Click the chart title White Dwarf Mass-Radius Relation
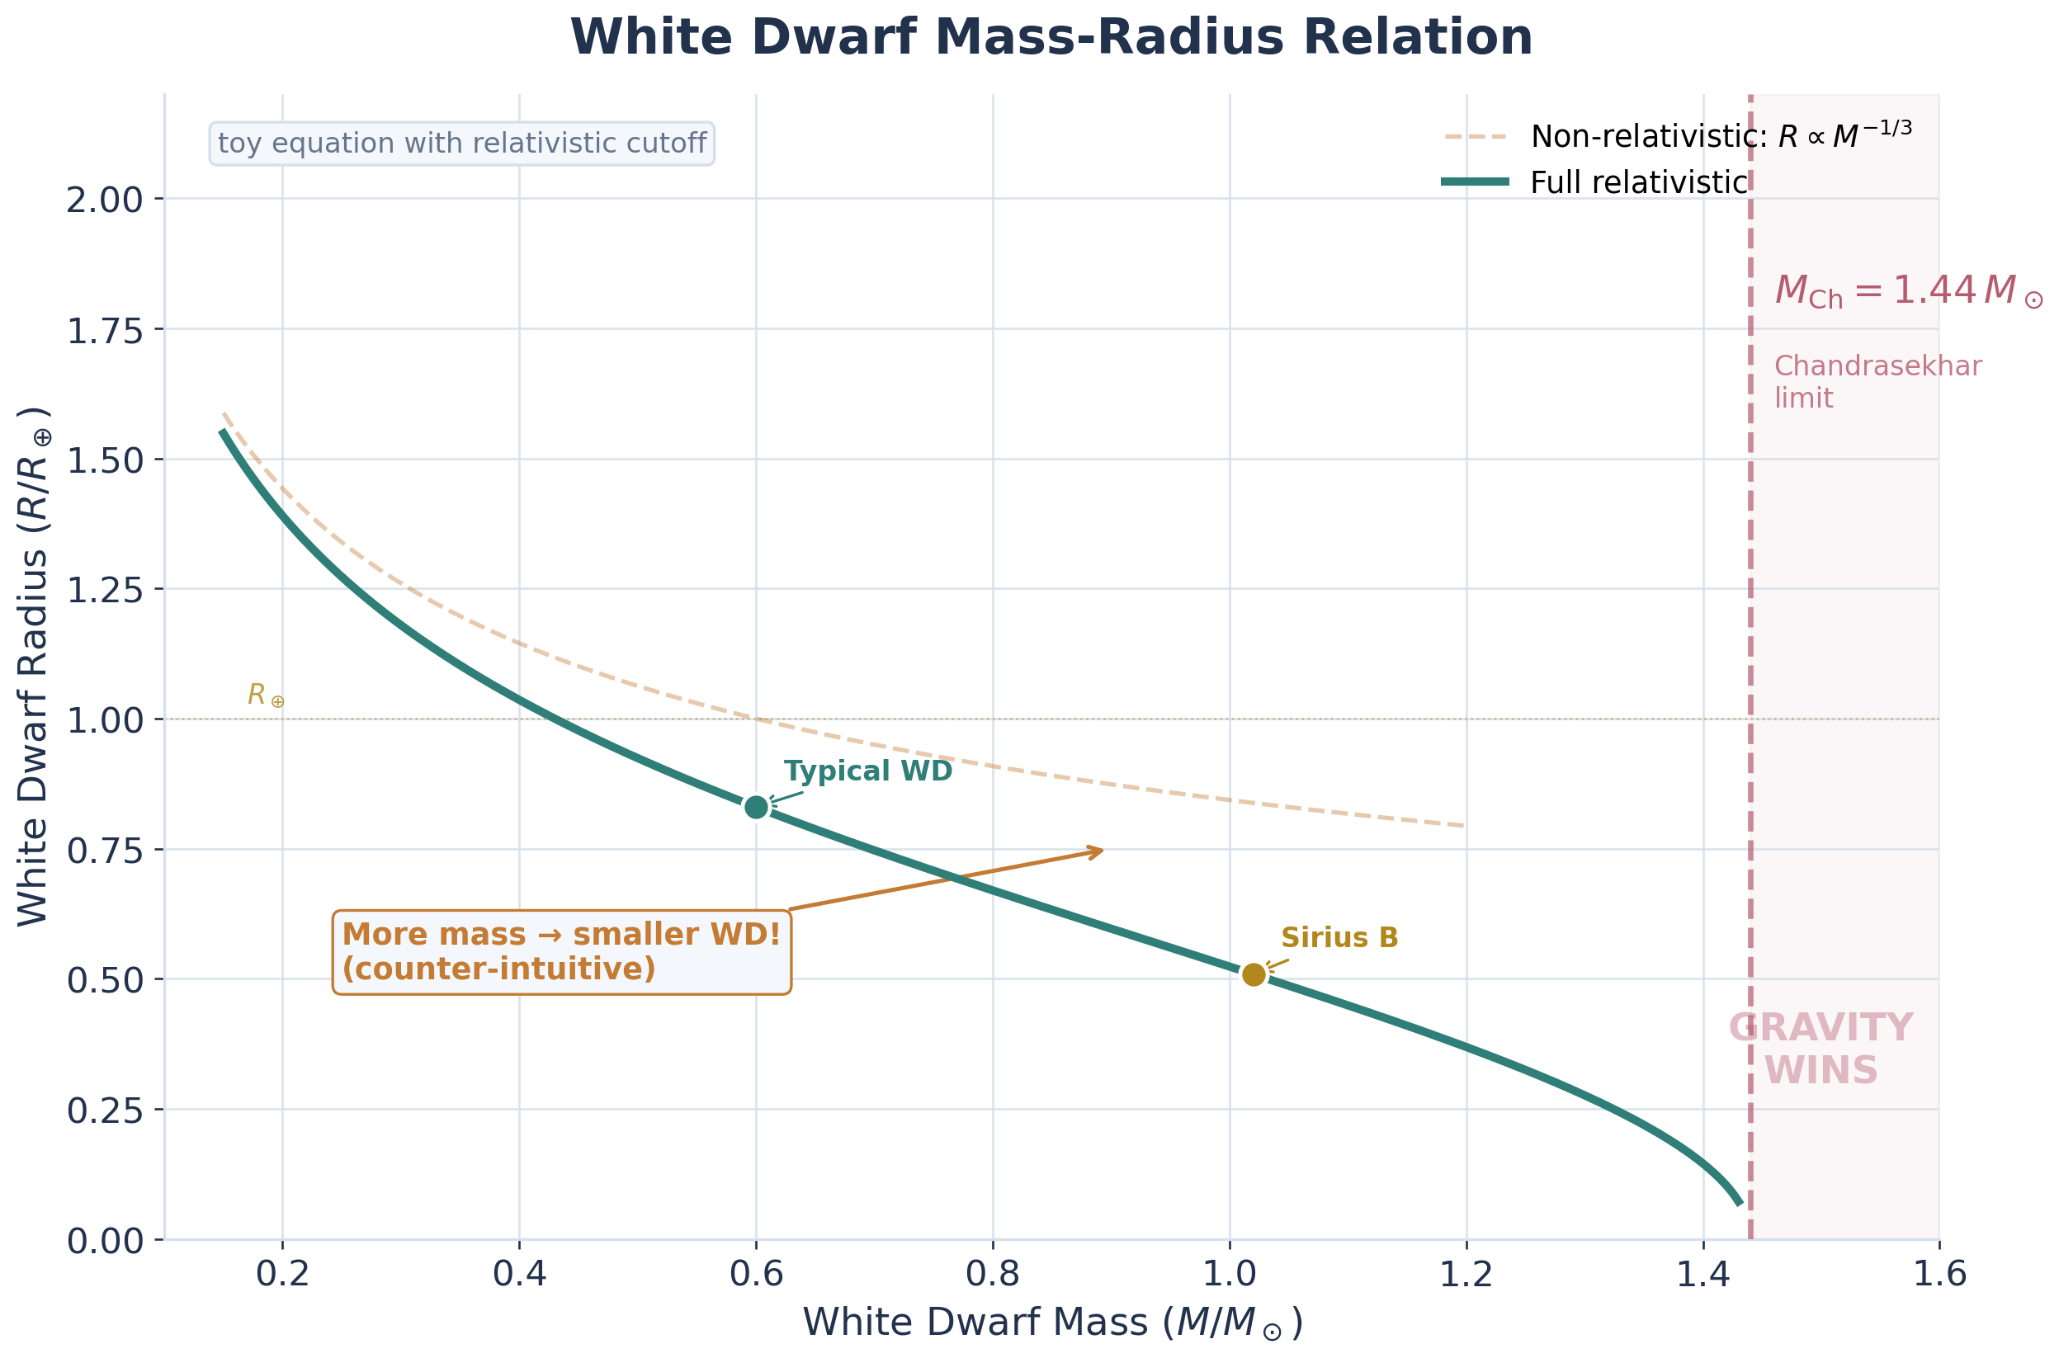click(1051, 38)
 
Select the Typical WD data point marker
click(756, 807)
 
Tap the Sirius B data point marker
click(1254, 974)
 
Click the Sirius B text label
click(1339, 938)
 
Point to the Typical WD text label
click(868, 771)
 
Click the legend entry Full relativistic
click(1638, 182)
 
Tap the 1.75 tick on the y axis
click(105, 330)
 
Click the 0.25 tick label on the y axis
click(105, 1110)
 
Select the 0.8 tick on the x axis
click(993, 1275)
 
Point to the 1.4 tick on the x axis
click(1703, 1275)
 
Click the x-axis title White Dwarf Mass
click(1051, 1323)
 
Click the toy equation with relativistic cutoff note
click(461, 144)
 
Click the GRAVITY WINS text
click(1821, 1049)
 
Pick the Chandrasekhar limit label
click(1877, 382)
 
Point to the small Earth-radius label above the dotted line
click(265, 695)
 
